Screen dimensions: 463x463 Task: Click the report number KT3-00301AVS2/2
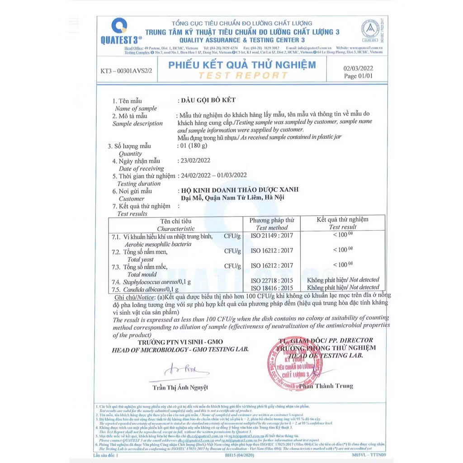pyautogui.click(x=126, y=71)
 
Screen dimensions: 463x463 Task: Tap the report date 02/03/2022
pyautogui.click(x=359, y=68)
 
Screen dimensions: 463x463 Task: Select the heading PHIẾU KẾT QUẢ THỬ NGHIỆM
pyautogui.click(x=242, y=65)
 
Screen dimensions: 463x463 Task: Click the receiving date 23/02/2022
pyautogui.click(x=195, y=161)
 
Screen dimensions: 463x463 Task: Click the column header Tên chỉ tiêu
pyautogui.click(x=176, y=221)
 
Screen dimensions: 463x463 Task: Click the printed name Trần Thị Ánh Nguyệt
pyautogui.click(x=180, y=387)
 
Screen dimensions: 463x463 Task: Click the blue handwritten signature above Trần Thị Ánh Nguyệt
pyautogui.click(x=181, y=371)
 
